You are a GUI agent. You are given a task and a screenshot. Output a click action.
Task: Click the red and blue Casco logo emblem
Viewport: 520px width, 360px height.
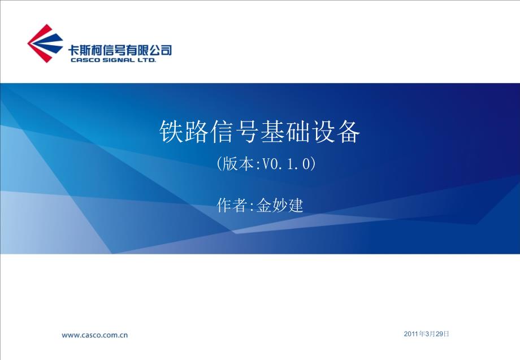pos(45,43)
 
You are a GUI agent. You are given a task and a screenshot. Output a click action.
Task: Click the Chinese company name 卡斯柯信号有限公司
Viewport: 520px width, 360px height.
pos(119,49)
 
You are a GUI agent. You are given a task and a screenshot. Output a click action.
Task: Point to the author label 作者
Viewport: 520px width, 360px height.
pos(232,205)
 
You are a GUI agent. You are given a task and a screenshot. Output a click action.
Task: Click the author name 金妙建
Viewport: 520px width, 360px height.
pos(280,205)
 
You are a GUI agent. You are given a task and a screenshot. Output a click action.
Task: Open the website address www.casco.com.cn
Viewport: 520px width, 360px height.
pos(95,335)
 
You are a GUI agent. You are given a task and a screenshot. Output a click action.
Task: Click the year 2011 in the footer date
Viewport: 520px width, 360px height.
pos(411,335)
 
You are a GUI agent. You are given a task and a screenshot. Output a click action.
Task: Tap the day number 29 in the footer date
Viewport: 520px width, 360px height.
pos(440,335)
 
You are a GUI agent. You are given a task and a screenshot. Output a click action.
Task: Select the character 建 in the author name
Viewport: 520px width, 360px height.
pos(296,205)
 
